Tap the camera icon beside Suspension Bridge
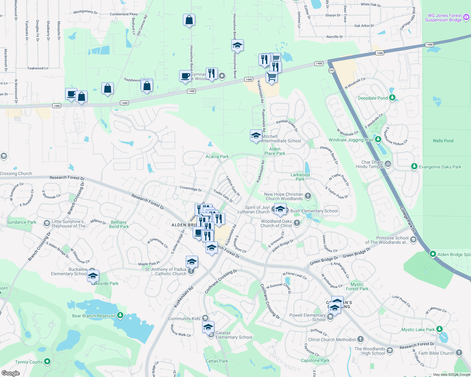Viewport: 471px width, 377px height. coord(466,18)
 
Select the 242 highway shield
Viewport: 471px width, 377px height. coord(331,70)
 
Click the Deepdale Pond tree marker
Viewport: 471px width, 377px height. coord(392,98)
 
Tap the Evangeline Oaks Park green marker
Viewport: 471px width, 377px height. coord(414,167)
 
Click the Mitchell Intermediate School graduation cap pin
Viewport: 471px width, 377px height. coord(256,136)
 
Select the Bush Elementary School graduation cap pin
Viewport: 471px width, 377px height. coord(280,209)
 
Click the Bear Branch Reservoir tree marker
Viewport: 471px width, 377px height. coord(120,315)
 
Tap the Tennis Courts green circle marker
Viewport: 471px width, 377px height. coord(47,362)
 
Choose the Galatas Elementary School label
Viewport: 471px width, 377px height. coord(234,335)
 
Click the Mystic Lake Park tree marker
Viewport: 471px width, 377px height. coord(440,329)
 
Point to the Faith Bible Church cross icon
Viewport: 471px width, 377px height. coord(459,353)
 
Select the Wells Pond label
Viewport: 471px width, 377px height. coord(443,141)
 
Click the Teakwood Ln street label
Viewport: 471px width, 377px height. coord(38,68)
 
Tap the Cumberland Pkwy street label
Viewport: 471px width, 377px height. coord(124,14)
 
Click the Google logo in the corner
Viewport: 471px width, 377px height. coord(10,373)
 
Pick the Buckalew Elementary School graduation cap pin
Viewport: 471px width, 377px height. coord(93,276)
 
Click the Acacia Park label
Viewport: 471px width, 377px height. coord(217,156)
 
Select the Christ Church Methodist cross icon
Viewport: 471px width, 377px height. coord(360,339)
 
